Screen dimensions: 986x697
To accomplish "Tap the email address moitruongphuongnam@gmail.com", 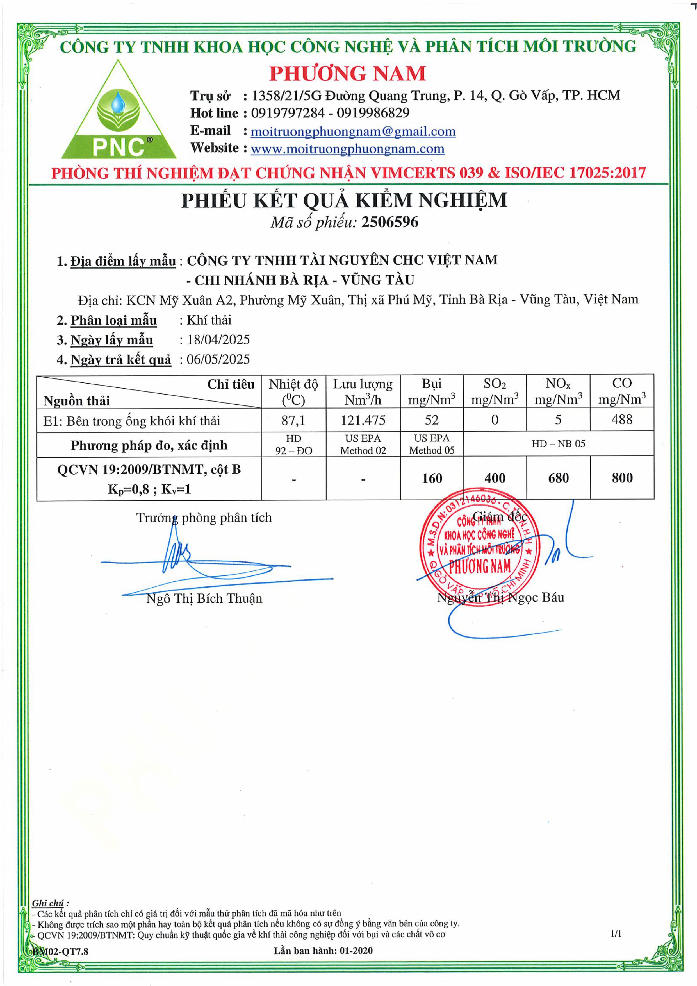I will [x=353, y=132].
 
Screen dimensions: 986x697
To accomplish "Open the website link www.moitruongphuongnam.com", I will [x=347, y=149].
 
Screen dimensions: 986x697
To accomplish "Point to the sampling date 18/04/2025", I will [x=218, y=340].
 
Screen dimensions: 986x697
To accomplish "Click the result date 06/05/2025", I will [x=218, y=359].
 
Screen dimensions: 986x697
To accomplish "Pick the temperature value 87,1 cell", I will [x=293, y=420].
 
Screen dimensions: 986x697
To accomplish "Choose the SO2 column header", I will [x=495, y=391].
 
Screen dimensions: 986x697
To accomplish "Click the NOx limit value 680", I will [x=558, y=478].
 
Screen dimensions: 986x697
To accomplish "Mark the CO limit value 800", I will [x=622, y=478].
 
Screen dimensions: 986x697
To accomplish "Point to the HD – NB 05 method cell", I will [x=558, y=444].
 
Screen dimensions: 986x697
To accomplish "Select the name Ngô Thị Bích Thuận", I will [x=204, y=598].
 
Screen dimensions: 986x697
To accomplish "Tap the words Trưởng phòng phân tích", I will [x=204, y=518].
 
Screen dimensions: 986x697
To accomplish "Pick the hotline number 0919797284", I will [x=288, y=113].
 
